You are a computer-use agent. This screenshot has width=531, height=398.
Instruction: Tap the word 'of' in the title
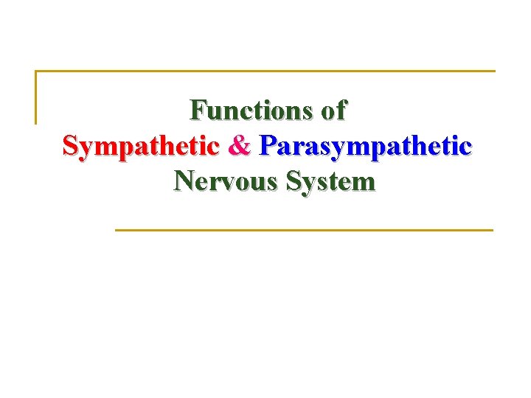(x=334, y=111)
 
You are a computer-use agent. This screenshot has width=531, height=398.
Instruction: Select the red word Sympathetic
(x=141, y=146)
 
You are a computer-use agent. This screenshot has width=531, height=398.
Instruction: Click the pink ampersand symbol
(x=240, y=145)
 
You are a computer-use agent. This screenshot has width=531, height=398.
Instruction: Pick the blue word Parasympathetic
(x=365, y=146)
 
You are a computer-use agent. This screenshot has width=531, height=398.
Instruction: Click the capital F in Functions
(x=197, y=111)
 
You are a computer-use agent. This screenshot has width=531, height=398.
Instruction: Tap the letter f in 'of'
(x=341, y=111)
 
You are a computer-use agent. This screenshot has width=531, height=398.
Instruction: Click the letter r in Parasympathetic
(x=294, y=147)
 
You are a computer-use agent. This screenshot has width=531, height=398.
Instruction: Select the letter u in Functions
(x=212, y=112)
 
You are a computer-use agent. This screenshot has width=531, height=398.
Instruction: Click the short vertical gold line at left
(x=36, y=97)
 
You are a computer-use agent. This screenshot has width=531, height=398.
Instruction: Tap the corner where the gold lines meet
(x=36, y=71)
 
